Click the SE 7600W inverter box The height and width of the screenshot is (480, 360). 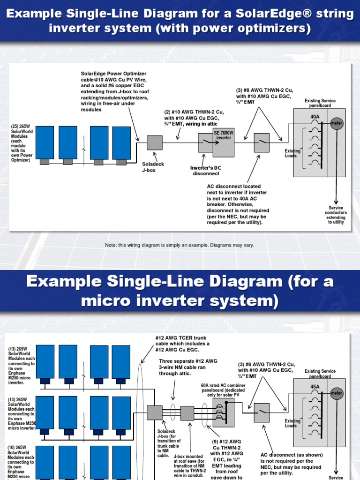[223, 142]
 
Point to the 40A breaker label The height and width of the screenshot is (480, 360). [315, 116]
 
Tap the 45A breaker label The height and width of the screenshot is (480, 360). [315, 387]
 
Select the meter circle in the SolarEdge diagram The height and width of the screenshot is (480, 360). [336, 124]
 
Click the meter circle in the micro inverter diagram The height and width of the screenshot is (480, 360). [336, 392]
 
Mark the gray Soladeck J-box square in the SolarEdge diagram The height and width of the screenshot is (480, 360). [154, 142]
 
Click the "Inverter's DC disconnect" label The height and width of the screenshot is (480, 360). [206, 171]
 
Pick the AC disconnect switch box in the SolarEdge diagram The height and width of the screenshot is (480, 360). [262, 142]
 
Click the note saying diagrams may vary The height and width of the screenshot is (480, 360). [180, 245]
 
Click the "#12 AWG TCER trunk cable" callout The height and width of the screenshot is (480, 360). [182, 344]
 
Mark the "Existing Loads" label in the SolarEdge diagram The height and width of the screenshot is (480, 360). [293, 153]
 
